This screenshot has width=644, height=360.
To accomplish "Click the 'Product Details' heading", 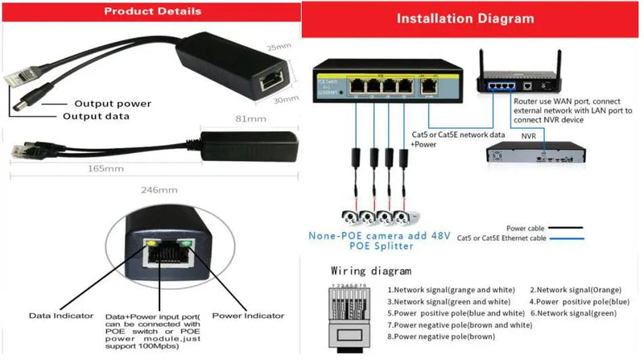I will click(x=153, y=12).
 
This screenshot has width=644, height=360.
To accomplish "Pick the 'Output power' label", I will click(x=113, y=103).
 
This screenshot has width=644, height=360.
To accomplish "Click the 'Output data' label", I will click(x=97, y=116).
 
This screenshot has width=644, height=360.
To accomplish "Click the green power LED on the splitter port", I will click(x=188, y=242).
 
